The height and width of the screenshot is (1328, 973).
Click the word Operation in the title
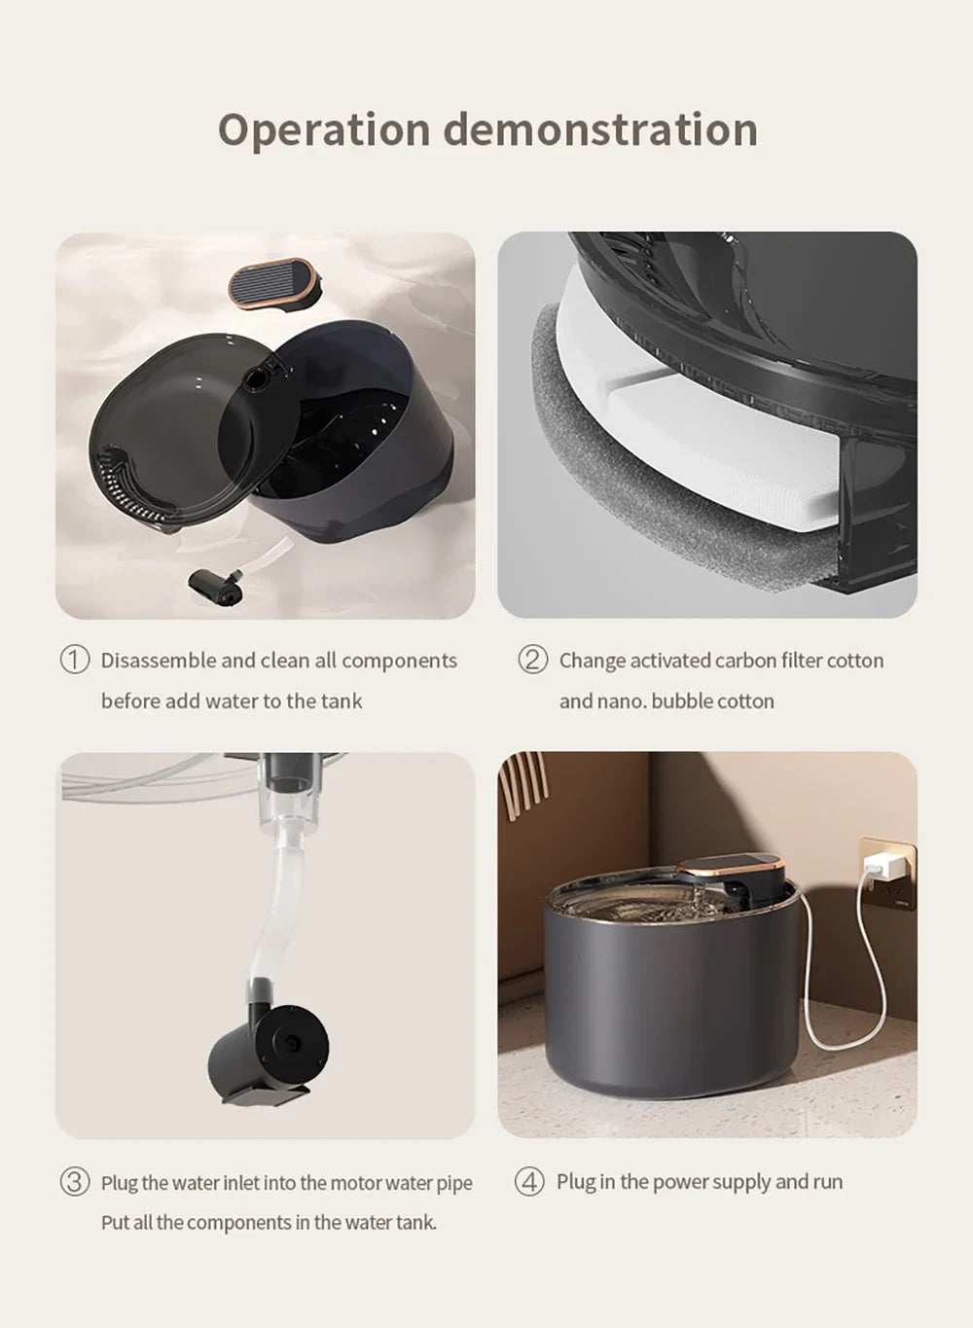click(x=323, y=130)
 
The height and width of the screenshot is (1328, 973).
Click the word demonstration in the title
click(x=600, y=129)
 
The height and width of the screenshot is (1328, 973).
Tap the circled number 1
click(x=75, y=660)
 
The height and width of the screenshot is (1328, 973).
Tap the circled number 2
click(x=532, y=660)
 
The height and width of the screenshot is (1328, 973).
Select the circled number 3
click(x=75, y=1182)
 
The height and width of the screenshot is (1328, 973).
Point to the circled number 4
click(x=529, y=1182)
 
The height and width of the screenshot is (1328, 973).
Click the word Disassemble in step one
click(x=158, y=661)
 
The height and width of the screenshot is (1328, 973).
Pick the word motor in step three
click(x=355, y=1183)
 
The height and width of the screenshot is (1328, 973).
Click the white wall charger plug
click(x=887, y=865)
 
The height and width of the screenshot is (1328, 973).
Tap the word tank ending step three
click(x=415, y=1223)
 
